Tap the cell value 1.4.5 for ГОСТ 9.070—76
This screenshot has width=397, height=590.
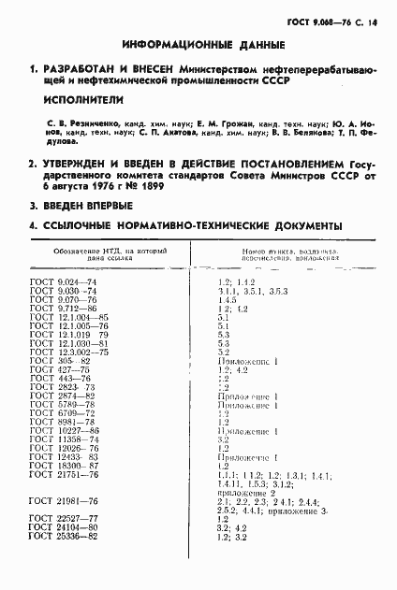point(227,300)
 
